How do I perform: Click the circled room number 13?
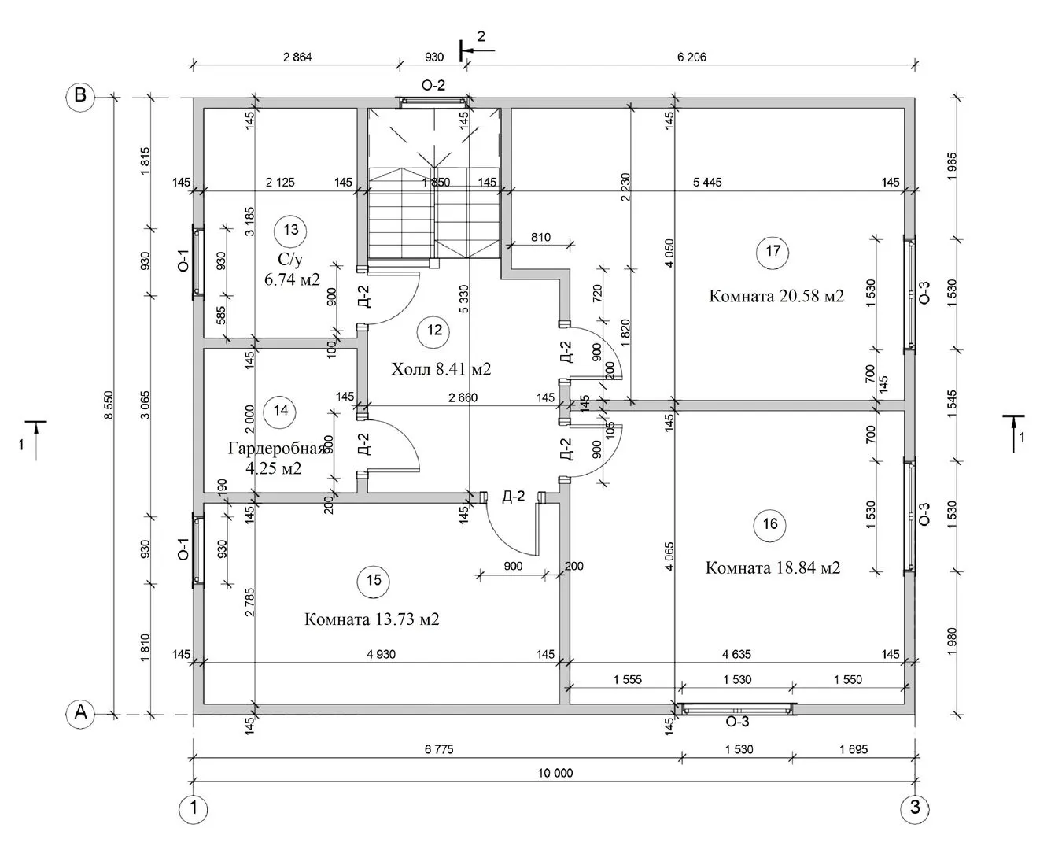291,230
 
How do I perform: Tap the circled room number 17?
773,251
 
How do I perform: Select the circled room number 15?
373,580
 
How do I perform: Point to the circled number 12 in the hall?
434,330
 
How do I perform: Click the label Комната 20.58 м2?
776,297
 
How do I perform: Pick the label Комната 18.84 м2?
773,567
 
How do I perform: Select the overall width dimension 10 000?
555,773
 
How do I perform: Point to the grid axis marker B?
79,95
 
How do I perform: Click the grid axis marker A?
79,713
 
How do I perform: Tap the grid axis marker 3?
914,807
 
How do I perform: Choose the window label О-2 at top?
433,85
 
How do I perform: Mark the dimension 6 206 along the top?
691,57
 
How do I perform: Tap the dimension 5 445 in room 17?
706,183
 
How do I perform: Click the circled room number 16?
769,525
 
